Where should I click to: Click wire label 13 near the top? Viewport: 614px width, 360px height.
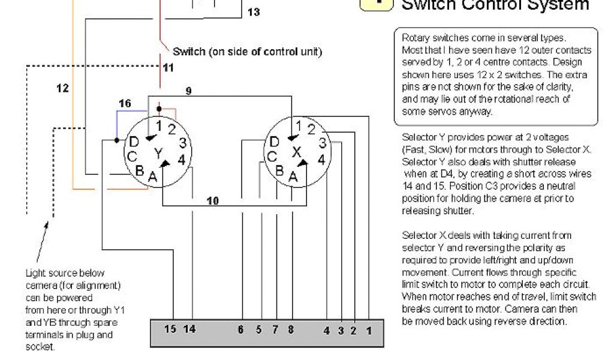click(x=254, y=12)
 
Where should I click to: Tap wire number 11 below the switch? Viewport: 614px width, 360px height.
click(x=168, y=68)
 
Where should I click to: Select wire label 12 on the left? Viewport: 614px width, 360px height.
click(x=62, y=88)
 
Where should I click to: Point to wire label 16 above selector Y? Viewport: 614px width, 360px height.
click(x=124, y=104)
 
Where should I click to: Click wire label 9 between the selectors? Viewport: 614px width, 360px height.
click(x=188, y=91)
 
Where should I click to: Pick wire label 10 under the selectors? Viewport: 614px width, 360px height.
click(x=213, y=200)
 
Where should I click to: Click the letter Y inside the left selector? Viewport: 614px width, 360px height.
click(x=158, y=154)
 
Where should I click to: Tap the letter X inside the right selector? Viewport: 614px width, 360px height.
click(x=296, y=152)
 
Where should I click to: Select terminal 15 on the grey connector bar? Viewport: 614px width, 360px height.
click(x=170, y=329)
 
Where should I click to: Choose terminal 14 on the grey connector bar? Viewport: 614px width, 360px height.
click(x=189, y=329)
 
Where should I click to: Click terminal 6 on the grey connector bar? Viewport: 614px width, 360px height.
click(x=241, y=329)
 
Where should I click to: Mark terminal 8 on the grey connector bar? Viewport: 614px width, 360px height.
click(x=290, y=329)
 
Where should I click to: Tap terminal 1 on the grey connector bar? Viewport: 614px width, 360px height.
click(x=369, y=330)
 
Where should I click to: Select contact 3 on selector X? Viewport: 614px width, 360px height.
click(x=322, y=143)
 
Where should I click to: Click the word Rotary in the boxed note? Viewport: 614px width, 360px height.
click(x=415, y=38)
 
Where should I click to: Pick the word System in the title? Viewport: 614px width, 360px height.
click(x=555, y=5)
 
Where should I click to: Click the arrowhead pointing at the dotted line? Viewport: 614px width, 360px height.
click(x=46, y=224)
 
